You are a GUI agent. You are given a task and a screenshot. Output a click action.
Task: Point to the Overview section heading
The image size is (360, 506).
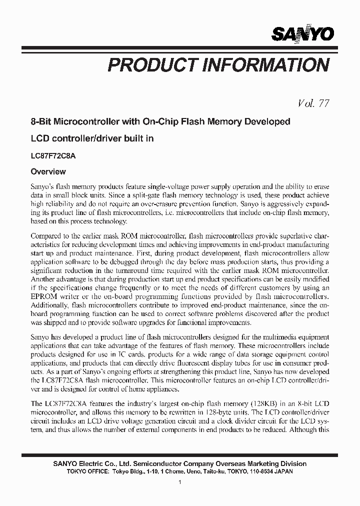pos(48,171)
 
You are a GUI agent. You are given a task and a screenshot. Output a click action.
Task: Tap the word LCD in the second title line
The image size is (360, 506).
pos(40,138)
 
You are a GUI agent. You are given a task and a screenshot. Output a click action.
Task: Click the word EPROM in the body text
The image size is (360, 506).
pos(44,296)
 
